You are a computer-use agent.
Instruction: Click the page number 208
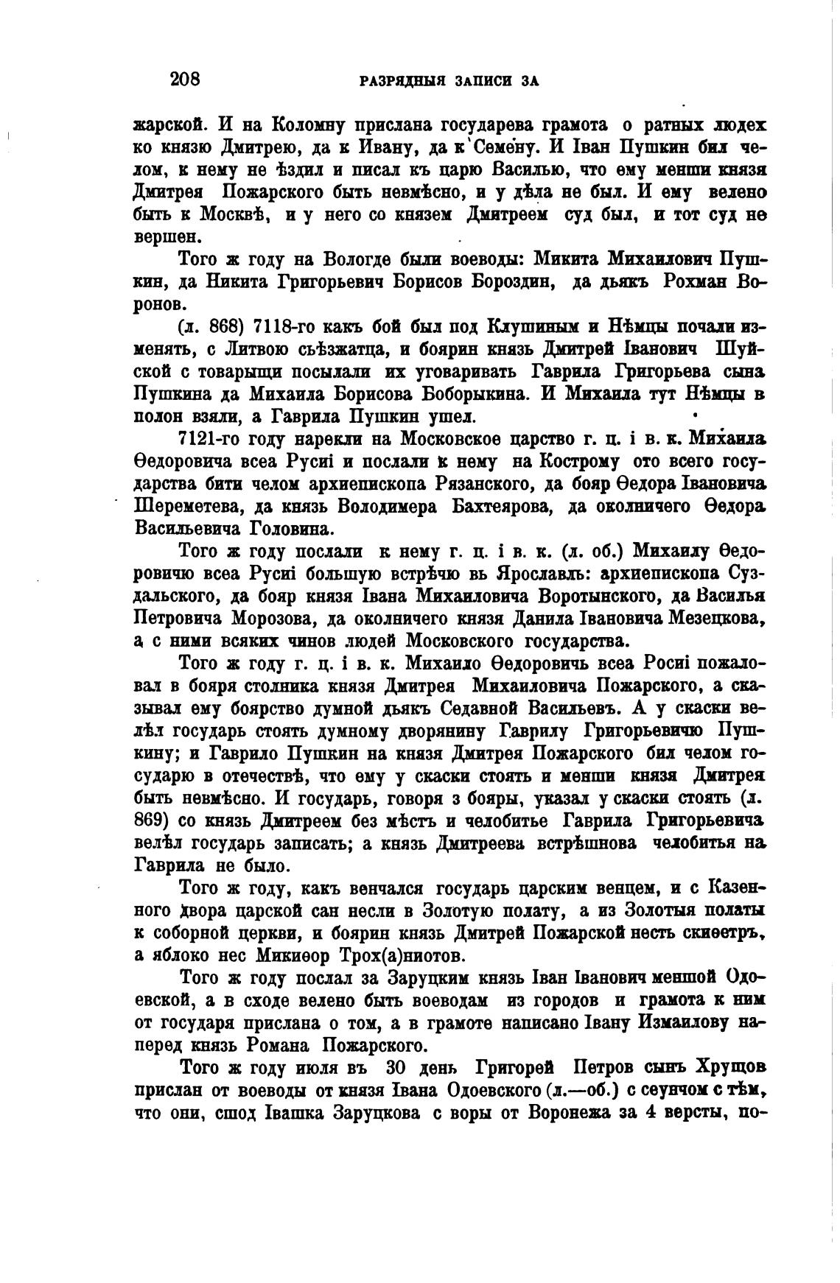tap(185, 79)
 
